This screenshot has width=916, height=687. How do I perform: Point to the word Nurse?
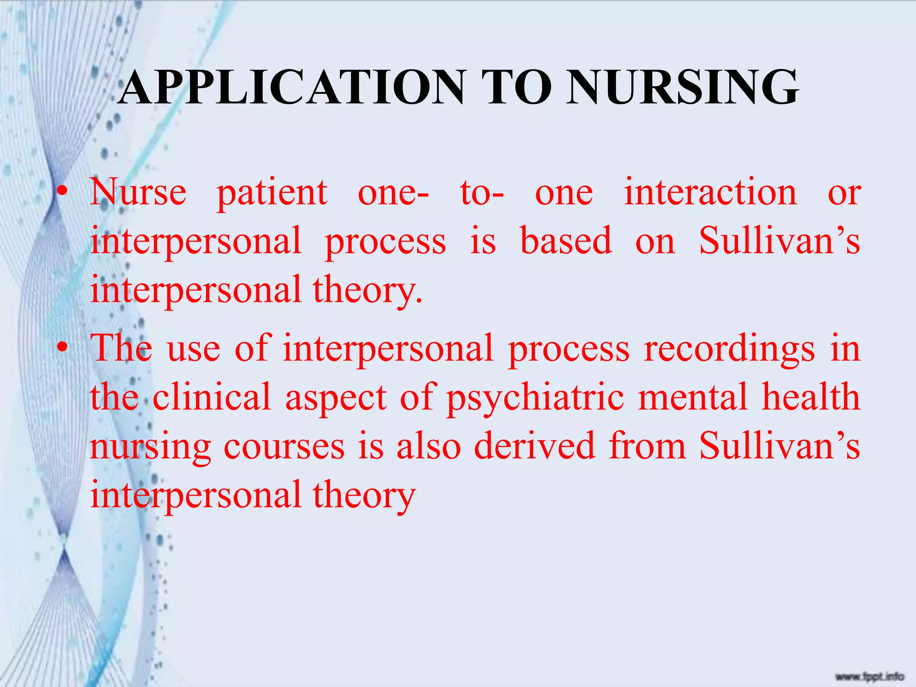138,192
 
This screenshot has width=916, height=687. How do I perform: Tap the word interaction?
710,192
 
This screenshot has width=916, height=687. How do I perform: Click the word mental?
693,397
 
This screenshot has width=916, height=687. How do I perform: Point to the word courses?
284,446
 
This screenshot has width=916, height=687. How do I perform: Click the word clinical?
212,397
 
